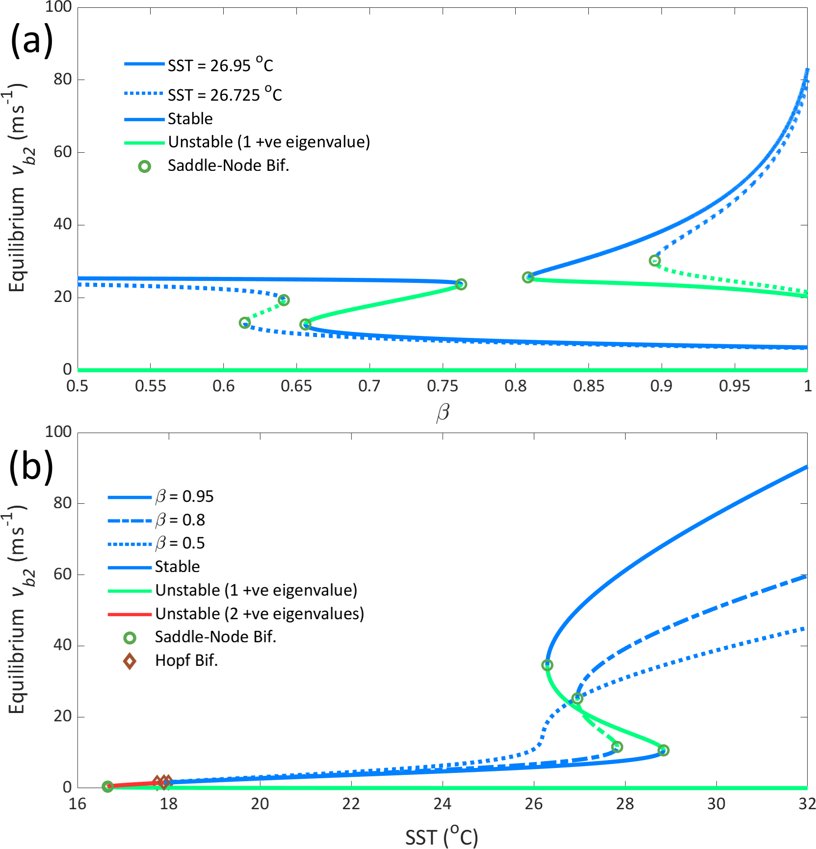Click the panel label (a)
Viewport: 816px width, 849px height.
pos(31,40)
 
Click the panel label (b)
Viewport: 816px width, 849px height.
pos(31,466)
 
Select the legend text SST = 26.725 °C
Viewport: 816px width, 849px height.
pos(225,94)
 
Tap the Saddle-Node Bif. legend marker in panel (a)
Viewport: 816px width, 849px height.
pos(144,166)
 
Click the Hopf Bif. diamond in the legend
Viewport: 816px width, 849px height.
pos(130,661)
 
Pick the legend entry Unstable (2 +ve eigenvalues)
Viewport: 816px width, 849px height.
pos(260,614)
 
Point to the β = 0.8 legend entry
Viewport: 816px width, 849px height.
pos(180,520)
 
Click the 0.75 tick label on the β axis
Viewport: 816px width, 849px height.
pos(442,386)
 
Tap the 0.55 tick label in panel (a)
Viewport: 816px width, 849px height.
pos(150,386)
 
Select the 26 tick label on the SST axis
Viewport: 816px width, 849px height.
pos(533,804)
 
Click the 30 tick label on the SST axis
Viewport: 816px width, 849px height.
pos(716,804)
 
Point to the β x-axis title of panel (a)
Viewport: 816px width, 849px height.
pos(443,412)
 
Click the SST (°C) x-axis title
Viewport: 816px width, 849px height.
pos(442,836)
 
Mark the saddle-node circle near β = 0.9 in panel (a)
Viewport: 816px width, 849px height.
pos(655,261)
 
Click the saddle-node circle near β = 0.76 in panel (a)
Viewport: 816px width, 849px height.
pos(461,284)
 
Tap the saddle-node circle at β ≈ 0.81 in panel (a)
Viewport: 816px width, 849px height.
pos(527,277)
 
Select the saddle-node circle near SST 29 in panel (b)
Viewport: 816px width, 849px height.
pos(663,750)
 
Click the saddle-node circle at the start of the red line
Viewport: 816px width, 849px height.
pos(107,787)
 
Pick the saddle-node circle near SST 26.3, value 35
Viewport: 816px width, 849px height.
pos(547,665)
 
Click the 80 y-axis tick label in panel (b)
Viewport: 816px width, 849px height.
pos(62,503)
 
